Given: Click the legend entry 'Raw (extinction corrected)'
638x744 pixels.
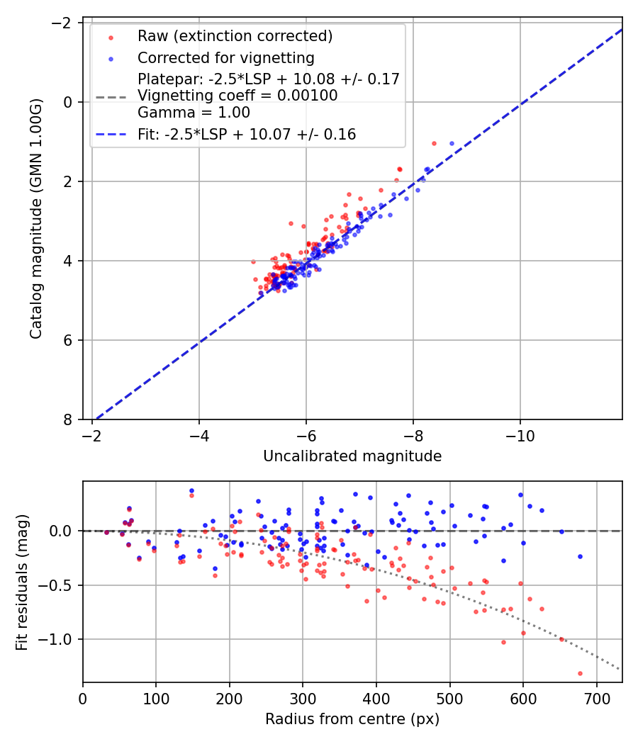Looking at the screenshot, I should (x=235, y=36).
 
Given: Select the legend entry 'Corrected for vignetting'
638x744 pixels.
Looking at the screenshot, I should (x=225, y=57).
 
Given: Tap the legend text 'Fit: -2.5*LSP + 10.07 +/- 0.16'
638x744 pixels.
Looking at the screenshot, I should (x=247, y=134).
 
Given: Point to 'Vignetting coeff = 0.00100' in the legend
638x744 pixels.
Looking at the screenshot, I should (x=237, y=96).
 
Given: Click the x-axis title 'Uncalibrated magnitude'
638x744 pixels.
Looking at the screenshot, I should (x=352, y=456).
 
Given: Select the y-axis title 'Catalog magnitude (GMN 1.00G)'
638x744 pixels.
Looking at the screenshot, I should (x=37, y=219).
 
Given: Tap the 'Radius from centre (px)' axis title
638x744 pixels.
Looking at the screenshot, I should (x=352, y=719).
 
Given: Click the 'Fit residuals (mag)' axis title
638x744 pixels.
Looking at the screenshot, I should (x=22, y=581).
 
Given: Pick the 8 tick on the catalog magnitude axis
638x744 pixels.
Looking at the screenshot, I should (x=69, y=419).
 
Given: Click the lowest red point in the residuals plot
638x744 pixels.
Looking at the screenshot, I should (x=580, y=673).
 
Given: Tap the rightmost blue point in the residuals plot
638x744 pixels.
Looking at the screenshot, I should (x=580, y=556).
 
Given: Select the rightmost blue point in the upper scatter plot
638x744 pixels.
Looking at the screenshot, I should (x=452, y=143).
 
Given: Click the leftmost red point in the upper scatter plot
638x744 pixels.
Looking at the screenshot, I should (x=253, y=261).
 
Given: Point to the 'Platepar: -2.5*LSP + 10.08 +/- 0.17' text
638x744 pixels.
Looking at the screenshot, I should (x=269, y=79).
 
